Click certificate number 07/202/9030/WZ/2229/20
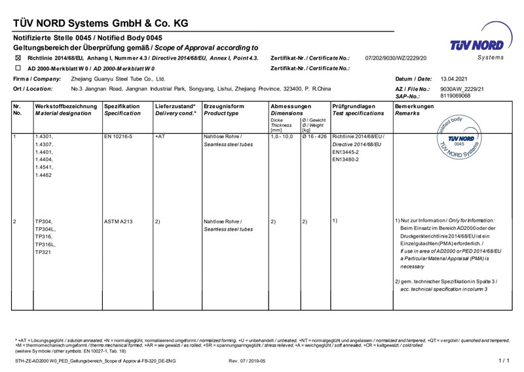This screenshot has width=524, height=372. (x=396, y=58)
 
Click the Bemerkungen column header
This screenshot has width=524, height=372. (x=415, y=106)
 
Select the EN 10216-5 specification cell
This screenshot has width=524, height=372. (x=118, y=136)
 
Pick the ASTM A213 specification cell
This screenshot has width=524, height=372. (x=119, y=221)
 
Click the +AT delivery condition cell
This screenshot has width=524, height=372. (x=160, y=136)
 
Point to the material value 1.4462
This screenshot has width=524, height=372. (x=44, y=176)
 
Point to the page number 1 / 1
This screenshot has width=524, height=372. (x=504, y=361)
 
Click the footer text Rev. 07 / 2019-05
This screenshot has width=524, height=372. (x=247, y=361)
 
